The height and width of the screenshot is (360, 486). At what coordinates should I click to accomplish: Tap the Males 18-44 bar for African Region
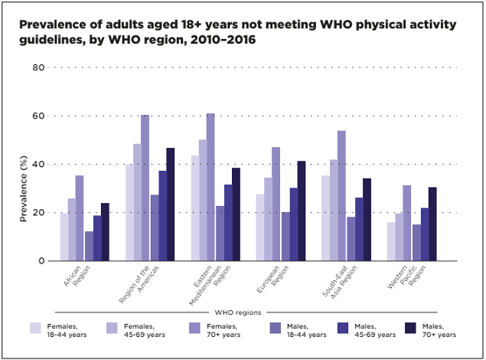point(89,246)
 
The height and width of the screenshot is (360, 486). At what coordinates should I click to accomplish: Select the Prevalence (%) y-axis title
point(24,188)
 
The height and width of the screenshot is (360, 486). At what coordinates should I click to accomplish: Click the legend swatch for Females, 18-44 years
point(36,327)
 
